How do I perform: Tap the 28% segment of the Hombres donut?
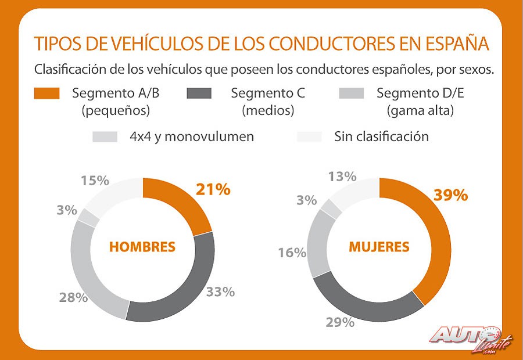pos(93,273)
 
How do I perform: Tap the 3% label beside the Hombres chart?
pos(67,210)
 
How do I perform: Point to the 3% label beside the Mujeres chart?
pos(306,201)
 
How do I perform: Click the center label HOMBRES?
pos(142,247)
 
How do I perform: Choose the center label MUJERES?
pos(379,247)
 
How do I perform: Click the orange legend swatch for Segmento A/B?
pos(46,93)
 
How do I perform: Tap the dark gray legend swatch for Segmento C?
pos(199,93)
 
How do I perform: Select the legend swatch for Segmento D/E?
pos(351,93)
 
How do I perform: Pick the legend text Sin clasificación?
pos(381,136)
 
